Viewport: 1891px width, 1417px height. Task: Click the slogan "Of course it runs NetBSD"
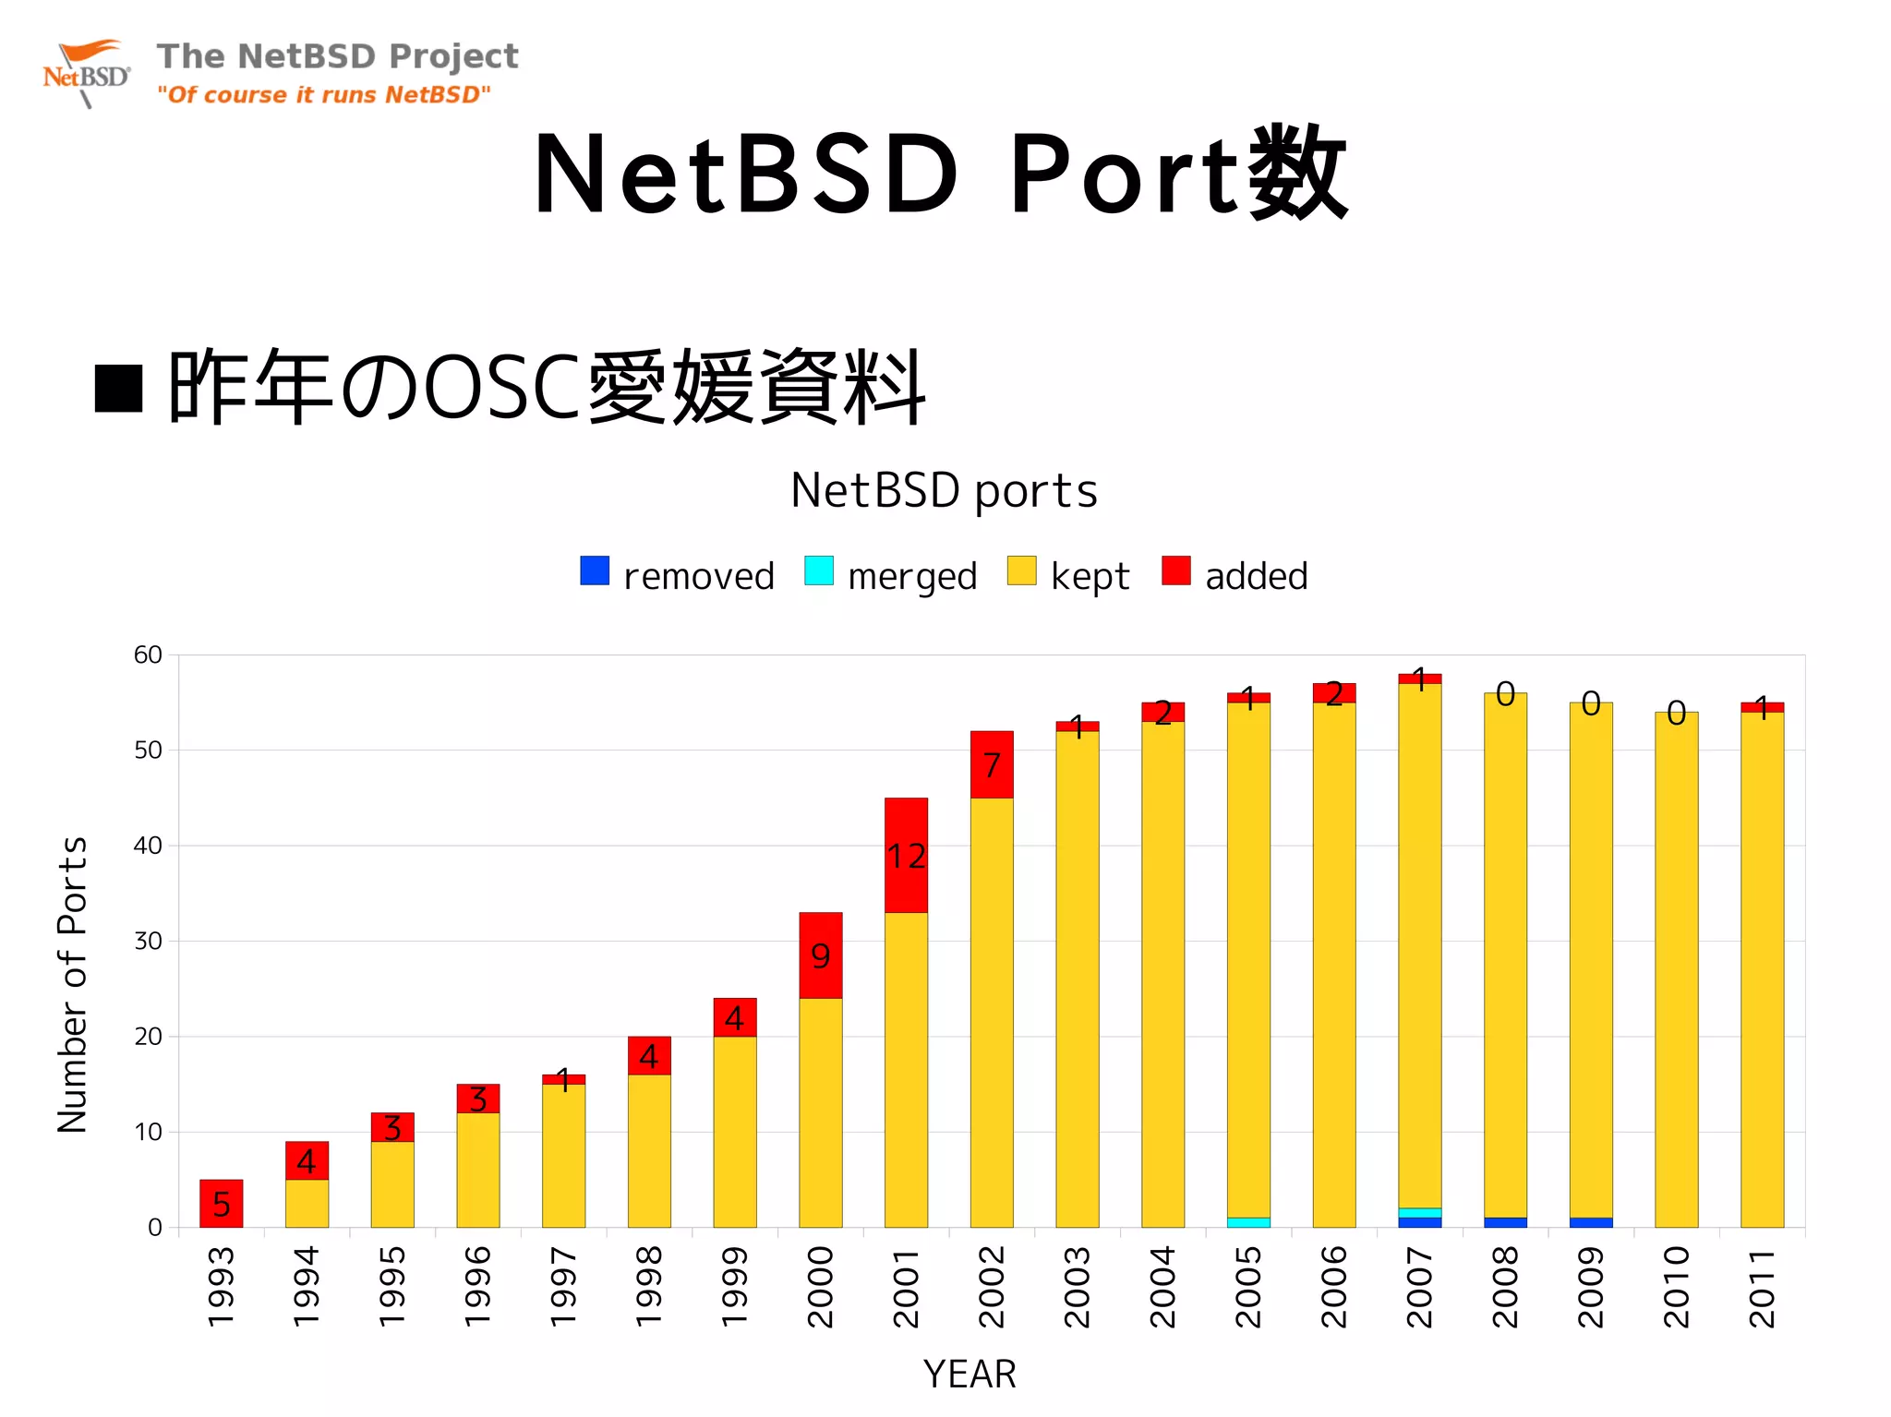(x=323, y=95)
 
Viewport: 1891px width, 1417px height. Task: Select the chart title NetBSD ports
(x=944, y=490)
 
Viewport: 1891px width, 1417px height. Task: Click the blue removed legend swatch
(x=595, y=570)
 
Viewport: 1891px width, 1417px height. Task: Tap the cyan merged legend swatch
(x=818, y=570)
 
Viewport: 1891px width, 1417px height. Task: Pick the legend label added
(x=1256, y=577)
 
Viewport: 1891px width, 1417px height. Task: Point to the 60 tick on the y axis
(x=148, y=655)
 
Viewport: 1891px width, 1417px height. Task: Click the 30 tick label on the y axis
(x=148, y=942)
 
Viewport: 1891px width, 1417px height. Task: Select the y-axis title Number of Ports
(x=72, y=984)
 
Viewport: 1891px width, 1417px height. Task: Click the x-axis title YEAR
(x=970, y=1375)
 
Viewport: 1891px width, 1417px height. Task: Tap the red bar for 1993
(x=222, y=1203)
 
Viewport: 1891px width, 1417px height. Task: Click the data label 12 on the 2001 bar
(x=906, y=857)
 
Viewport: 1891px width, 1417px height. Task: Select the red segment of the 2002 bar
(x=992, y=764)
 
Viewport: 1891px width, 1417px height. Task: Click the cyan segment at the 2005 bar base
(x=1248, y=1222)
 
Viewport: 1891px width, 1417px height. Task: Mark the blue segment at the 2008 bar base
(x=1505, y=1222)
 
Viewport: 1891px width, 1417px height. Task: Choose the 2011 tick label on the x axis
(x=1762, y=1289)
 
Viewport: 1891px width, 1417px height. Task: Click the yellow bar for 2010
(x=1676, y=969)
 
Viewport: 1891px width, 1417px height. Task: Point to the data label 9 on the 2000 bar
(x=820, y=956)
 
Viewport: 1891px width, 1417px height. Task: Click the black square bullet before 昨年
(x=119, y=388)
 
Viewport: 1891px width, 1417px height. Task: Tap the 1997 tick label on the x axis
(x=563, y=1289)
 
